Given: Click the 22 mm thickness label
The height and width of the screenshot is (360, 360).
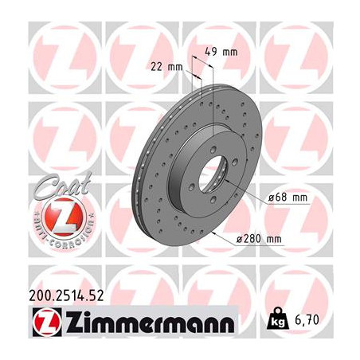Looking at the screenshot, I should click(x=166, y=67).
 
